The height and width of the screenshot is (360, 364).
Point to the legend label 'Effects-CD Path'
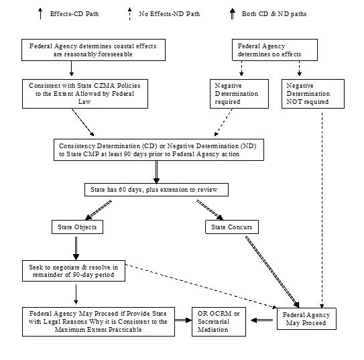coord(74,14)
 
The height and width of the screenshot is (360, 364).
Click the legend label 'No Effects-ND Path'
coord(170,14)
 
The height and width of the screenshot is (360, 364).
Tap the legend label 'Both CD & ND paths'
coord(274,14)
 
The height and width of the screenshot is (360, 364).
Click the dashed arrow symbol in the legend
coord(129,13)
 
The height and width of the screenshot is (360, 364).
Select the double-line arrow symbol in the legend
coord(233,13)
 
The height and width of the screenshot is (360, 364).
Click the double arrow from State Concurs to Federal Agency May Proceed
coord(272,272)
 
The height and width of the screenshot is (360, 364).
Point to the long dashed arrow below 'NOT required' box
coord(322,211)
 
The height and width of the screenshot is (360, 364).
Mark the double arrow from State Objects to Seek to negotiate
coord(76,248)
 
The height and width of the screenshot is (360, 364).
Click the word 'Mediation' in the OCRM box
coord(213,330)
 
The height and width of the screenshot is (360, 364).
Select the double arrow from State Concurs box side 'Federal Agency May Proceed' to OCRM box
coord(262,320)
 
